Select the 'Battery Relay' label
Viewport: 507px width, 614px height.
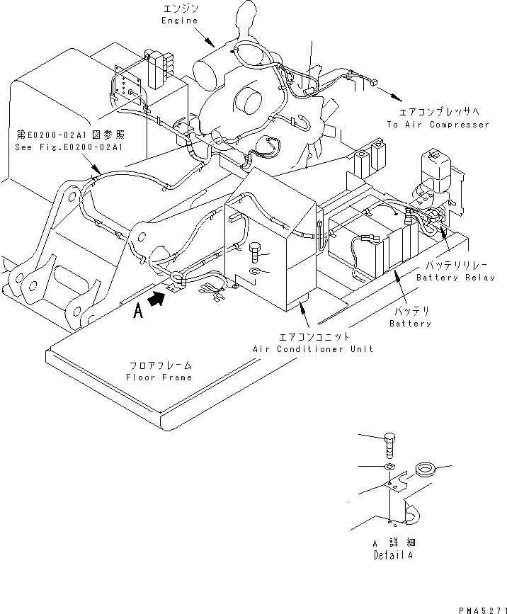(456, 278)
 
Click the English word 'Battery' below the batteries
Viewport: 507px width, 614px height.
(410, 323)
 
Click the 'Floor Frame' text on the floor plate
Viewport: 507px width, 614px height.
(159, 377)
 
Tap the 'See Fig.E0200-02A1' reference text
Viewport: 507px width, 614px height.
(69, 147)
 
